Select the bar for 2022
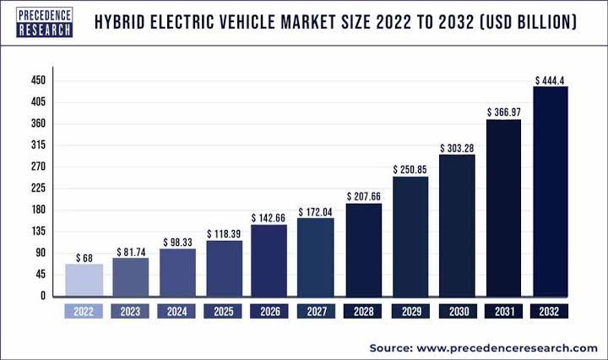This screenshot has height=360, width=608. tap(84, 280)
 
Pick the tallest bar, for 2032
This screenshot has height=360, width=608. tap(551, 191)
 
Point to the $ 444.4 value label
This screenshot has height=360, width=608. tap(551, 79)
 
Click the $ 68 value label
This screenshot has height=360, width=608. tap(84, 257)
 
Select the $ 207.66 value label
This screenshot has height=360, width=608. tap(364, 196)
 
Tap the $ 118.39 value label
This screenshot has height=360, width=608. tap(224, 233)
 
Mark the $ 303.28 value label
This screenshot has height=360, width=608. tap(457, 148)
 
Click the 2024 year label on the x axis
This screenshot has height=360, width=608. tap(177, 312)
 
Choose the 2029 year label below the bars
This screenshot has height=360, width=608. tap(410, 312)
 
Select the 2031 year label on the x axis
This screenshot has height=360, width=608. tap(503, 312)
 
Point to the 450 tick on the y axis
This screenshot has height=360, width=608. tap(38, 81)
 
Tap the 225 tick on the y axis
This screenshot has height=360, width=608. tap(38, 188)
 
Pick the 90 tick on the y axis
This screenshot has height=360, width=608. tap(40, 254)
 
